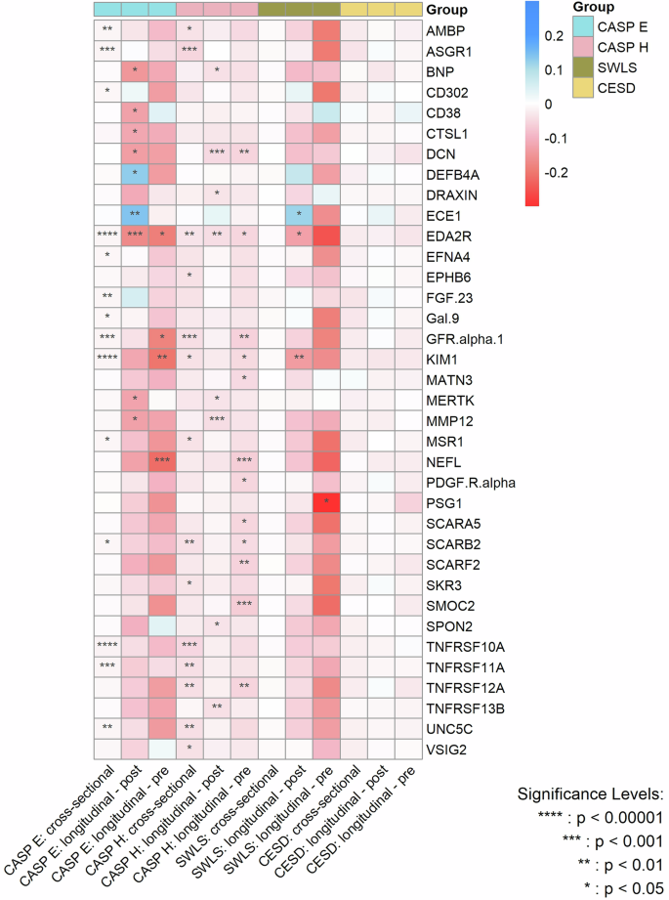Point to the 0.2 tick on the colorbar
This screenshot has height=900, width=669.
point(551,36)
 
